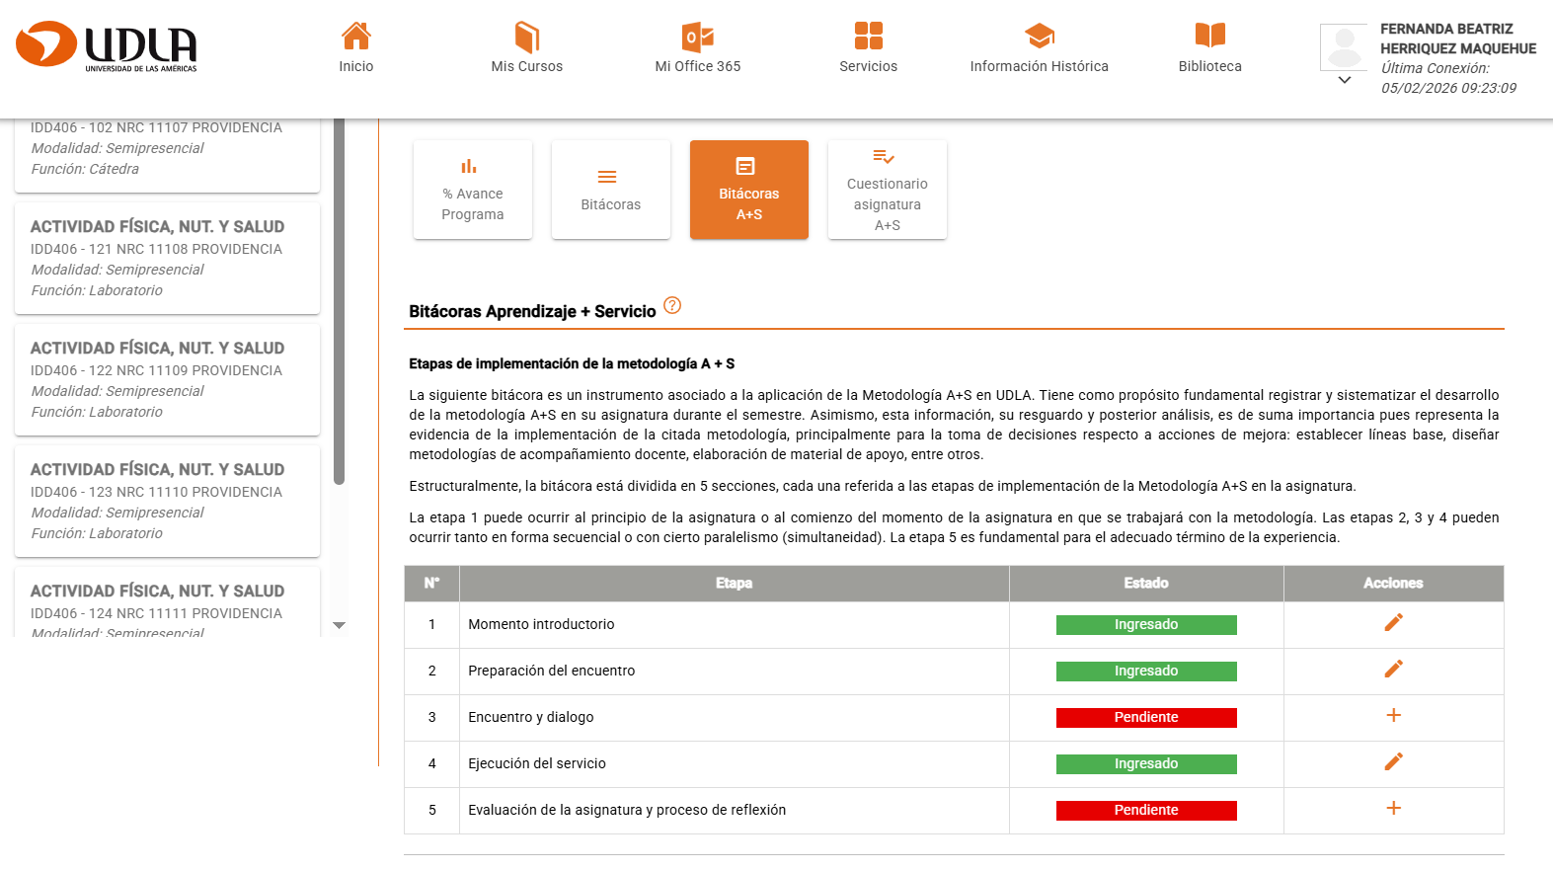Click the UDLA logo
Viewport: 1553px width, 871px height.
point(107,46)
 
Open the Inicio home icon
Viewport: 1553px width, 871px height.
point(356,37)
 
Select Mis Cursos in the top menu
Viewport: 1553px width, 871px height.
point(527,47)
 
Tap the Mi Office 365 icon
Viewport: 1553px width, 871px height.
point(698,37)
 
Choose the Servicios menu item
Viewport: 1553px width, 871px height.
point(869,47)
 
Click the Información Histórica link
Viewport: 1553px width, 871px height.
point(1039,47)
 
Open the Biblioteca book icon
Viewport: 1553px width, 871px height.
point(1210,36)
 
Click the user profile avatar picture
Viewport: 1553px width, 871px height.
point(1344,46)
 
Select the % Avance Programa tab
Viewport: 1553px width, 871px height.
point(473,190)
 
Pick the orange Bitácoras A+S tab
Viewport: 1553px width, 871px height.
point(749,190)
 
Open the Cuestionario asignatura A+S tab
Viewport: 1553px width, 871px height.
point(888,190)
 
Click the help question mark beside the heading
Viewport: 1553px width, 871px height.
point(672,305)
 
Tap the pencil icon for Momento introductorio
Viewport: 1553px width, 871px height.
point(1393,622)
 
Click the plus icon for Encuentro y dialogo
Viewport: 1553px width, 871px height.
point(1393,715)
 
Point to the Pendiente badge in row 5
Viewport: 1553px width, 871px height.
point(1146,810)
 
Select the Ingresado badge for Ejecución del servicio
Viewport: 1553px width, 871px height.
point(1146,763)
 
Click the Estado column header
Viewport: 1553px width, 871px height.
point(1146,583)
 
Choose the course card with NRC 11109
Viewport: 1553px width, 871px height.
point(167,379)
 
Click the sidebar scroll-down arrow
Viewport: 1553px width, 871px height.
point(340,625)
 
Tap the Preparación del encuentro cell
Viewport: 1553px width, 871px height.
point(552,671)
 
